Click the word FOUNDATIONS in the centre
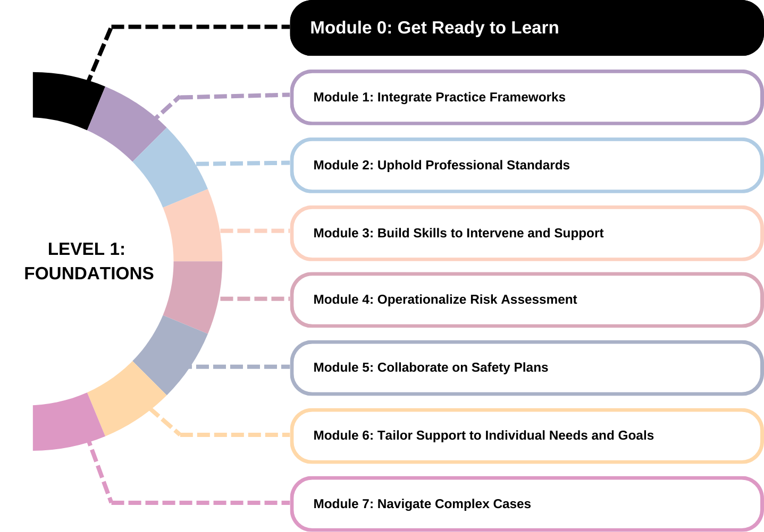point(89,273)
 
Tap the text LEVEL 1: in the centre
point(86,249)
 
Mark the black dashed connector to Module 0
point(171,27)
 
